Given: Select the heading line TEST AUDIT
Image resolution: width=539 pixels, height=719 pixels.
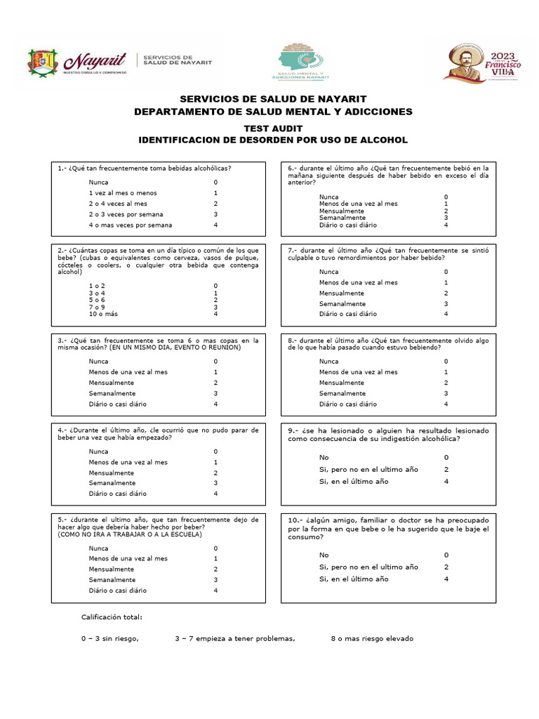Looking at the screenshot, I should point(273,128).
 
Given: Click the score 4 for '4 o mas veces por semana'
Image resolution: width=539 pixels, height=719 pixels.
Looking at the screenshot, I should point(216,225).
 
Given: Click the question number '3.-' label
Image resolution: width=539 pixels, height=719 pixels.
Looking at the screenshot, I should point(62,340).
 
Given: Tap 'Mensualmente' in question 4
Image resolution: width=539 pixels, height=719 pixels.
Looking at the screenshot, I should point(112,473).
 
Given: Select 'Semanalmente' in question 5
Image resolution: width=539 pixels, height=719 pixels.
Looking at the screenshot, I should point(112,580).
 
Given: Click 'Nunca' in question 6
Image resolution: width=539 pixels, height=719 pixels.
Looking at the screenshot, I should point(328,197).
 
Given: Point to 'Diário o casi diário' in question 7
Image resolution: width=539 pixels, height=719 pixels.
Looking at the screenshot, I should point(347,314).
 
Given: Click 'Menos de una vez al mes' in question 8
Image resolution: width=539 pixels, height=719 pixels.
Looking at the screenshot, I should point(358,372).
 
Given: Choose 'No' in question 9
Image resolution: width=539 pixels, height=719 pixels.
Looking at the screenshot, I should point(324,457).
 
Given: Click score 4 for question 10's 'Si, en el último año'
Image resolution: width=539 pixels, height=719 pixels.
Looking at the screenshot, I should point(446,579).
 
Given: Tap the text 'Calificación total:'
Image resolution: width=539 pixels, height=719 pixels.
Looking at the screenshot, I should point(112,617).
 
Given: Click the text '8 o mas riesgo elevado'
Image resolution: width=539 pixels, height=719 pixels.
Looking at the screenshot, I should point(372,639).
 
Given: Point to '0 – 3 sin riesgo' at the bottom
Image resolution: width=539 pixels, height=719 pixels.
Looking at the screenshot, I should point(110,639).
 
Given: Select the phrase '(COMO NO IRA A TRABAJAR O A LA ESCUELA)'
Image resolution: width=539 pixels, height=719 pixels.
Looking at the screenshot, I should point(129,534).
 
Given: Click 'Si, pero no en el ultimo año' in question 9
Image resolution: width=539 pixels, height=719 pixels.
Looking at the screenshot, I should point(368,469).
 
